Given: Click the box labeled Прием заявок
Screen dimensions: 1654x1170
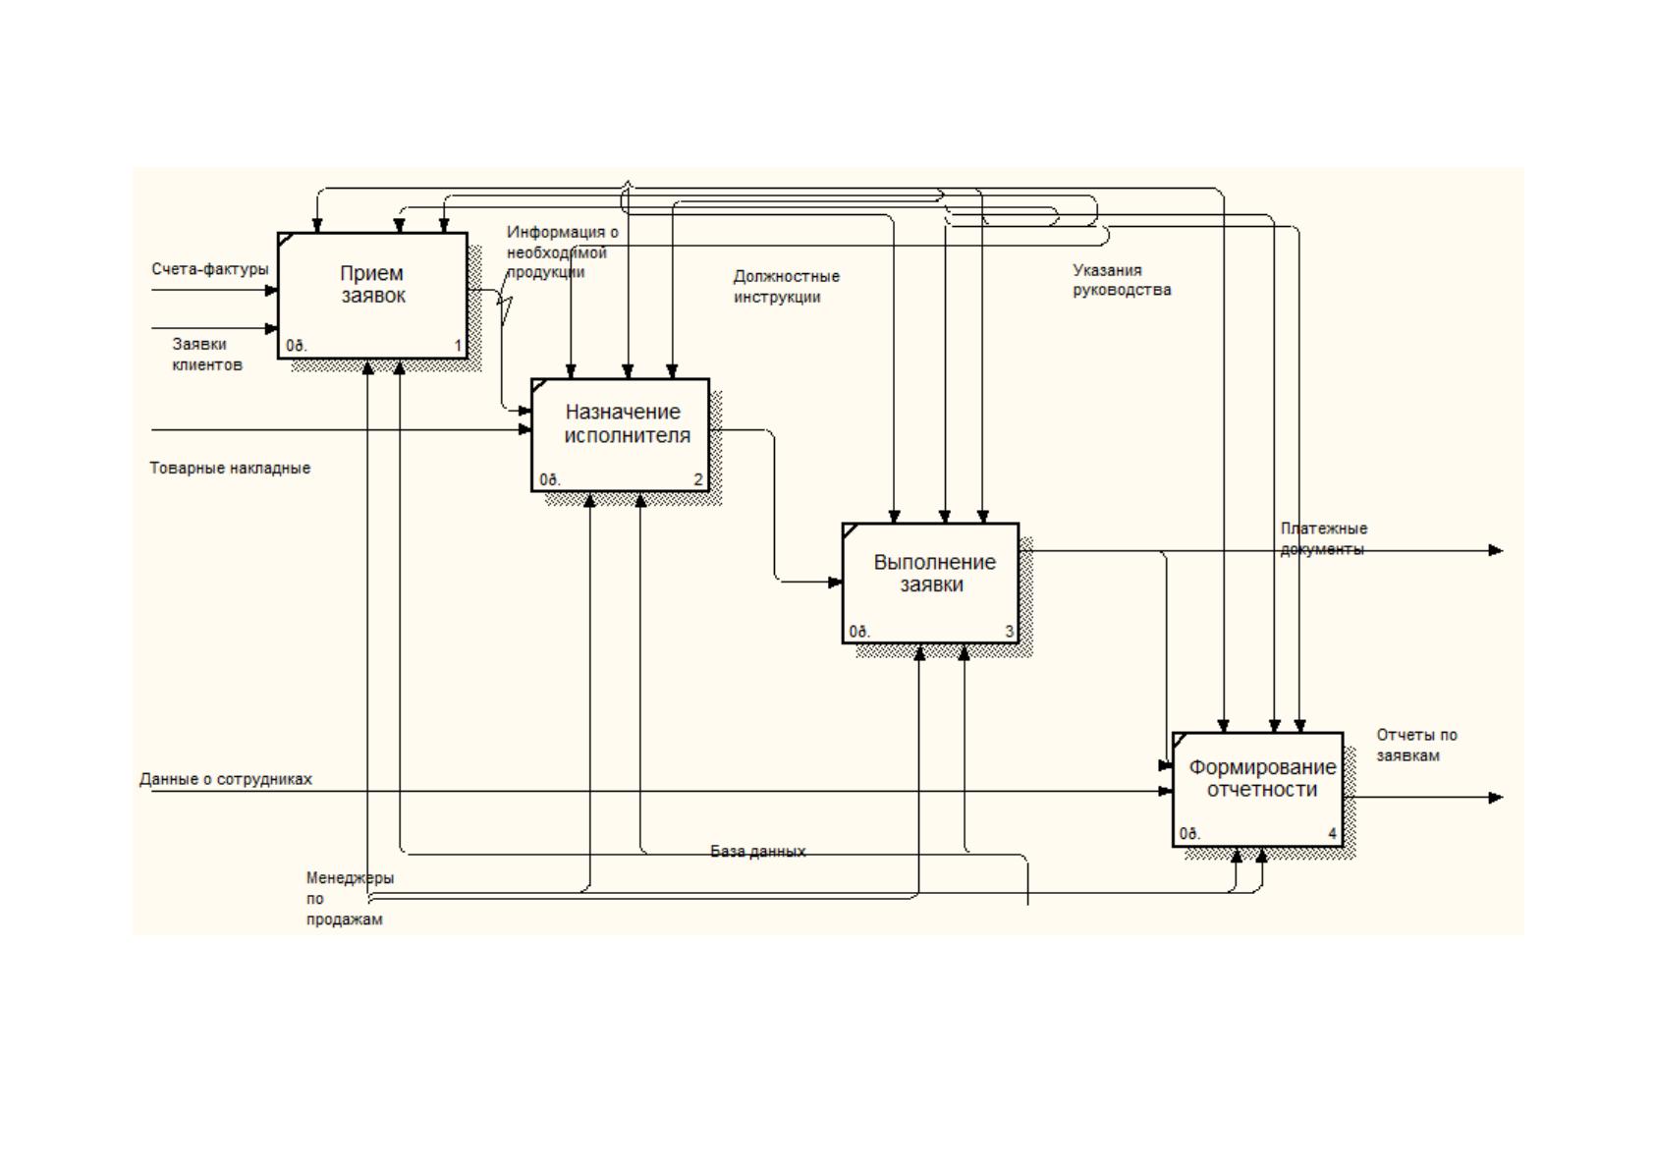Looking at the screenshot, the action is (x=372, y=296).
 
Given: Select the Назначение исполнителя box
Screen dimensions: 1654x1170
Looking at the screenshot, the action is (x=621, y=435).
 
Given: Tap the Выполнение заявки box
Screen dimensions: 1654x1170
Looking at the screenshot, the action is (x=930, y=583).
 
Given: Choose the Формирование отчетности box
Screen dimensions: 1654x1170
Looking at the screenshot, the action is (x=1257, y=789).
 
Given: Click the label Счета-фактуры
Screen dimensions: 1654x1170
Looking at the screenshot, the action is (x=210, y=269).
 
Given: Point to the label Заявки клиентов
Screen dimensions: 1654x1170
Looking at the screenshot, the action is (x=206, y=354).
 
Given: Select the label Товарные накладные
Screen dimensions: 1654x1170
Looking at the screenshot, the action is (x=230, y=468).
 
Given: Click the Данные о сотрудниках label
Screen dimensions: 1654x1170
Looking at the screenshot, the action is (x=226, y=778).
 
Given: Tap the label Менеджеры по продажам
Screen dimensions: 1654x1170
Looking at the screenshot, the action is (x=350, y=898).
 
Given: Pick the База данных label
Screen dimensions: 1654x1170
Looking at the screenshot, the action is (x=757, y=851).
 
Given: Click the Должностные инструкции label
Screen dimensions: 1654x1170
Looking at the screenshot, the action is (x=787, y=287).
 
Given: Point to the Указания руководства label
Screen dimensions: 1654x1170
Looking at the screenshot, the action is (x=1122, y=280).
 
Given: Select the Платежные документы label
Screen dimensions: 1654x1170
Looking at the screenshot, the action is (x=1323, y=538).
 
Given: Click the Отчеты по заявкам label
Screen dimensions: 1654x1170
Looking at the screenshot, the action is (x=1416, y=745).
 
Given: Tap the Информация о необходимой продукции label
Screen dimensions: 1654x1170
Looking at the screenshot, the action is (x=562, y=251).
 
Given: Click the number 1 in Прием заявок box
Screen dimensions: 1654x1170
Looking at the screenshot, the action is (x=458, y=345).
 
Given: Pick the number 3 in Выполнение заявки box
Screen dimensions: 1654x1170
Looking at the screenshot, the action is (x=1010, y=631).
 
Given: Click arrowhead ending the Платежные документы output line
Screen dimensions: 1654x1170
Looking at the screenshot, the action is (x=1495, y=550).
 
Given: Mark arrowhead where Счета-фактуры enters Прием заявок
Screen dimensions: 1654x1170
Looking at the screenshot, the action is (x=272, y=290).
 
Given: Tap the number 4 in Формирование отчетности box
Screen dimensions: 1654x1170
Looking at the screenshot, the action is (x=1332, y=833).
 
